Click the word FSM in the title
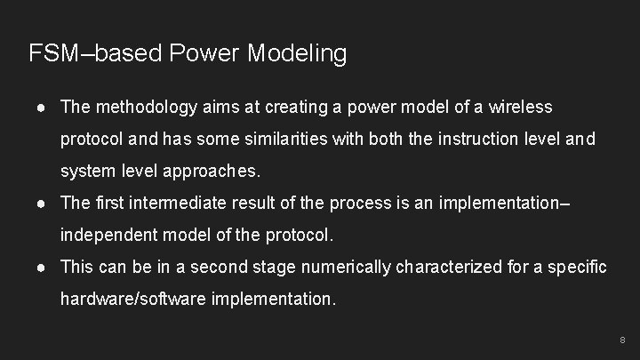point(53,53)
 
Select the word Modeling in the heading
point(297,54)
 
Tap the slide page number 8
point(622,340)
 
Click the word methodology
point(147,108)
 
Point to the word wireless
point(520,107)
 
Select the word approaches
point(212,171)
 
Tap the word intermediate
point(178,203)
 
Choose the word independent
point(109,235)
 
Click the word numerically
point(345,268)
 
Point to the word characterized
point(449,267)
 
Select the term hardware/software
point(133,299)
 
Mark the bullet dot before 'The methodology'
point(41,108)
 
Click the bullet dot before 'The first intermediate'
point(41,204)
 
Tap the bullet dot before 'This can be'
point(41,268)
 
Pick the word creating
point(296,108)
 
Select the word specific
point(577,268)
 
